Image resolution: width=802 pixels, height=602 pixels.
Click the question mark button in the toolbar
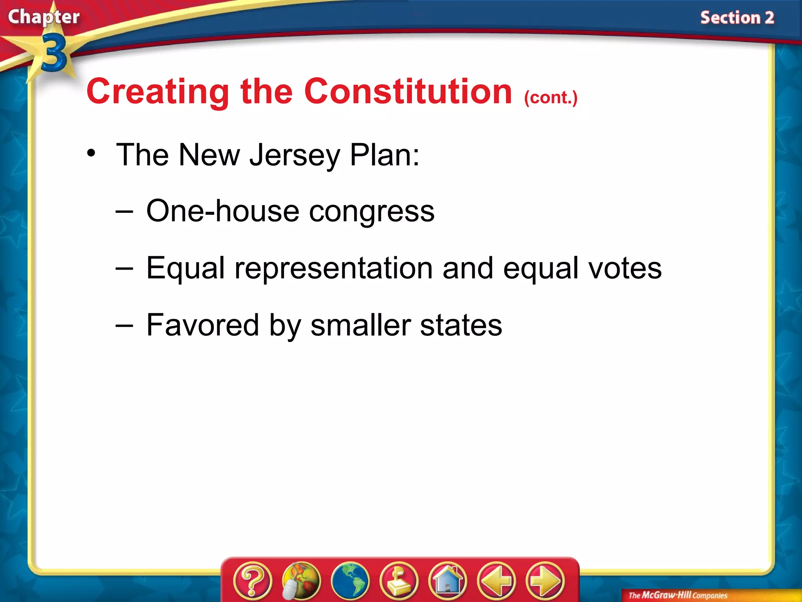click(x=252, y=580)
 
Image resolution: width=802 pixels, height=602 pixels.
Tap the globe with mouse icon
click(x=301, y=580)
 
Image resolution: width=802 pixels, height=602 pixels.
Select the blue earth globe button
click(x=350, y=580)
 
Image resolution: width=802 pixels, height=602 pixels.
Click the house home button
click(x=448, y=580)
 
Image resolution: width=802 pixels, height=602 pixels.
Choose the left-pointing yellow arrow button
click(x=496, y=580)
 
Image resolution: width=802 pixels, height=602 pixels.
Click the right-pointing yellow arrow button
click(x=545, y=580)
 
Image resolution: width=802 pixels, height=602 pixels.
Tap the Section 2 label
click(x=737, y=18)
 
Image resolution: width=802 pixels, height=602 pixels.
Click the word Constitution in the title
click(x=408, y=92)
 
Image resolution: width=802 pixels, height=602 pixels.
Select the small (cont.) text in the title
click(x=551, y=98)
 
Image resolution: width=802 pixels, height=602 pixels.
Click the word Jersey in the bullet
click(x=294, y=155)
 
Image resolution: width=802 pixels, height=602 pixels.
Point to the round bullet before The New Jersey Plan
click(x=91, y=153)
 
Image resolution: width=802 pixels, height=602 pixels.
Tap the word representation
click(x=333, y=268)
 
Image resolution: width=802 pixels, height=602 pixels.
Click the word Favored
click(x=202, y=325)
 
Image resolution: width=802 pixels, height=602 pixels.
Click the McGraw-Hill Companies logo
click(x=677, y=595)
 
